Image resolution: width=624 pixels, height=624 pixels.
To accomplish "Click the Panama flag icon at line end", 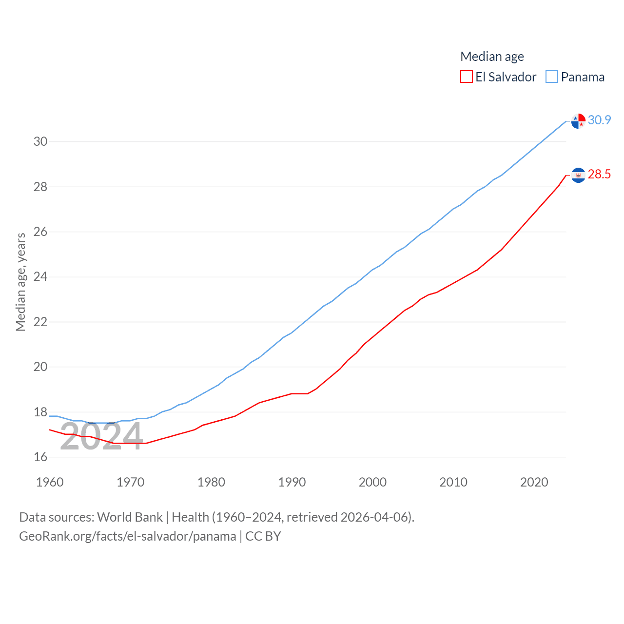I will pyautogui.click(x=578, y=121).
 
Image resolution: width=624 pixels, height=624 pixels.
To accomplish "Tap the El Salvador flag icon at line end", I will pyautogui.click(x=578, y=175).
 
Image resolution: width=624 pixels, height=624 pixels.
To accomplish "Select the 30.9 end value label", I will pyautogui.click(x=599, y=120).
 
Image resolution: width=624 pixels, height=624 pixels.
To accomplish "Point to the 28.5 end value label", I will pyautogui.click(x=599, y=175).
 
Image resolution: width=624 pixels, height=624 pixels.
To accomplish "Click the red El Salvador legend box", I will pyautogui.click(x=467, y=77).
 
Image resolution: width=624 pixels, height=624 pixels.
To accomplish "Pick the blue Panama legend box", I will pyautogui.click(x=552, y=77).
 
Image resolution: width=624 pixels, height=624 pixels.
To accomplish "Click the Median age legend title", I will pyautogui.click(x=492, y=57).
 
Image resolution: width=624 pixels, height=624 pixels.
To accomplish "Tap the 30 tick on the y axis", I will pyautogui.click(x=40, y=142).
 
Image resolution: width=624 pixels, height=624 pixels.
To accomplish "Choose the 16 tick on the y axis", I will pyautogui.click(x=40, y=457).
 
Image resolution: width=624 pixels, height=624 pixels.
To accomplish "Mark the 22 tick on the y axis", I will pyautogui.click(x=40, y=322).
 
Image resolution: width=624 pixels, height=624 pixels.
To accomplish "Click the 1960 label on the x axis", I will pyautogui.click(x=50, y=483).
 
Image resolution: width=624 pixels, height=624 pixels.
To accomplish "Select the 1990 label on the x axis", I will pyautogui.click(x=292, y=483).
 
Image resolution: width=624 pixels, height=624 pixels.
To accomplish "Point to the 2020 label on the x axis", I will pyautogui.click(x=534, y=483).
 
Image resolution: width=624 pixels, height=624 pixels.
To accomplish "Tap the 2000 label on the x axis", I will pyautogui.click(x=372, y=483).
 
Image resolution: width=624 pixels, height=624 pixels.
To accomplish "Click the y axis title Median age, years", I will pyautogui.click(x=20, y=282).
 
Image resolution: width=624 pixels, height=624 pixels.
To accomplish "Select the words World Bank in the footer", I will pyautogui.click(x=130, y=517).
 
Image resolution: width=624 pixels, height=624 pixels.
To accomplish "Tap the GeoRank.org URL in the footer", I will pyautogui.click(x=128, y=536).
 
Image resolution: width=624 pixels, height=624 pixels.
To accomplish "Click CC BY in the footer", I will pyautogui.click(x=263, y=536).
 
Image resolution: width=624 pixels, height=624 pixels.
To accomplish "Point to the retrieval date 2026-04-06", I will pyautogui.click(x=376, y=517).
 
